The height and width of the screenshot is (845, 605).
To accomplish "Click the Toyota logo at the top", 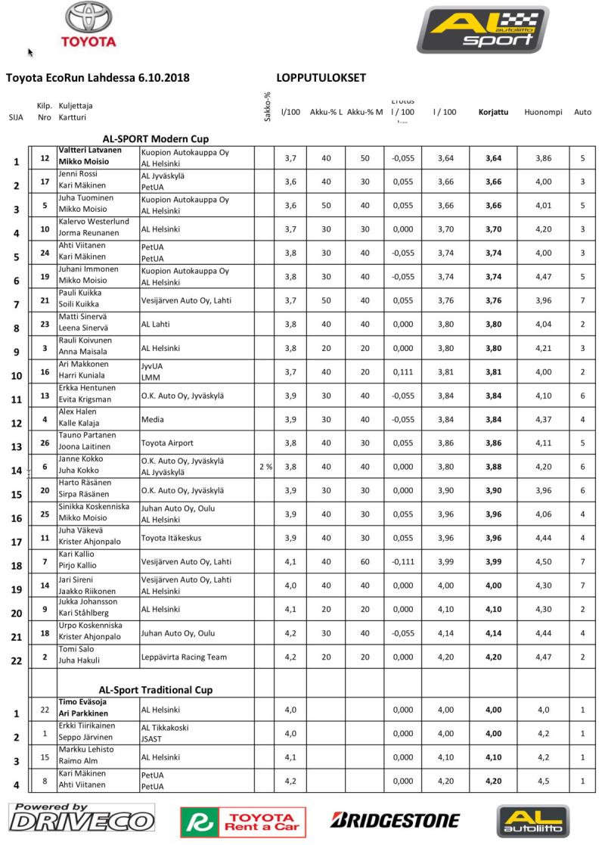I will pyautogui.click(x=88, y=25).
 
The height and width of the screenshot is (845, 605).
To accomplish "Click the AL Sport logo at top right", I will pyautogui.click(x=482, y=31).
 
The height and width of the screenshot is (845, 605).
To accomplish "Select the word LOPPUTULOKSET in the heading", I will pyautogui.click(x=321, y=77).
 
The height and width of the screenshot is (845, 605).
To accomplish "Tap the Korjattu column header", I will pyautogui.click(x=493, y=112).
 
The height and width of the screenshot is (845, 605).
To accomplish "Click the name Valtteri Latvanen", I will pyautogui.click(x=90, y=149).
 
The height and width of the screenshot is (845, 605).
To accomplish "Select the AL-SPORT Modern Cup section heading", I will pyautogui.click(x=156, y=138).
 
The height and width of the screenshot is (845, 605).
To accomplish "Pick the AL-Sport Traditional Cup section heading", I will pyautogui.click(x=156, y=690).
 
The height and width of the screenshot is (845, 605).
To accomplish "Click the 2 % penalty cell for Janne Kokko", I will pyautogui.click(x=266, y=467).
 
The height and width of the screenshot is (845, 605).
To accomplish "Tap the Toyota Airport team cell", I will pyautogui.click(x=167, y=443).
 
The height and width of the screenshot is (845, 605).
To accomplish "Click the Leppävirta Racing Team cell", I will pyautogui.click(x=184, y=657).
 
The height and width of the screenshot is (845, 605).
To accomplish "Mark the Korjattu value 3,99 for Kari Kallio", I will pyautogui.click(x=493, y=561).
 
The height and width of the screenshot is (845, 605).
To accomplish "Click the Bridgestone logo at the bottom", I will pyautogui.click(x=395, y=820).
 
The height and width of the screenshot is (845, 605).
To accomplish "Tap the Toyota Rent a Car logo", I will pyautogui.click(x=243, y=822).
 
